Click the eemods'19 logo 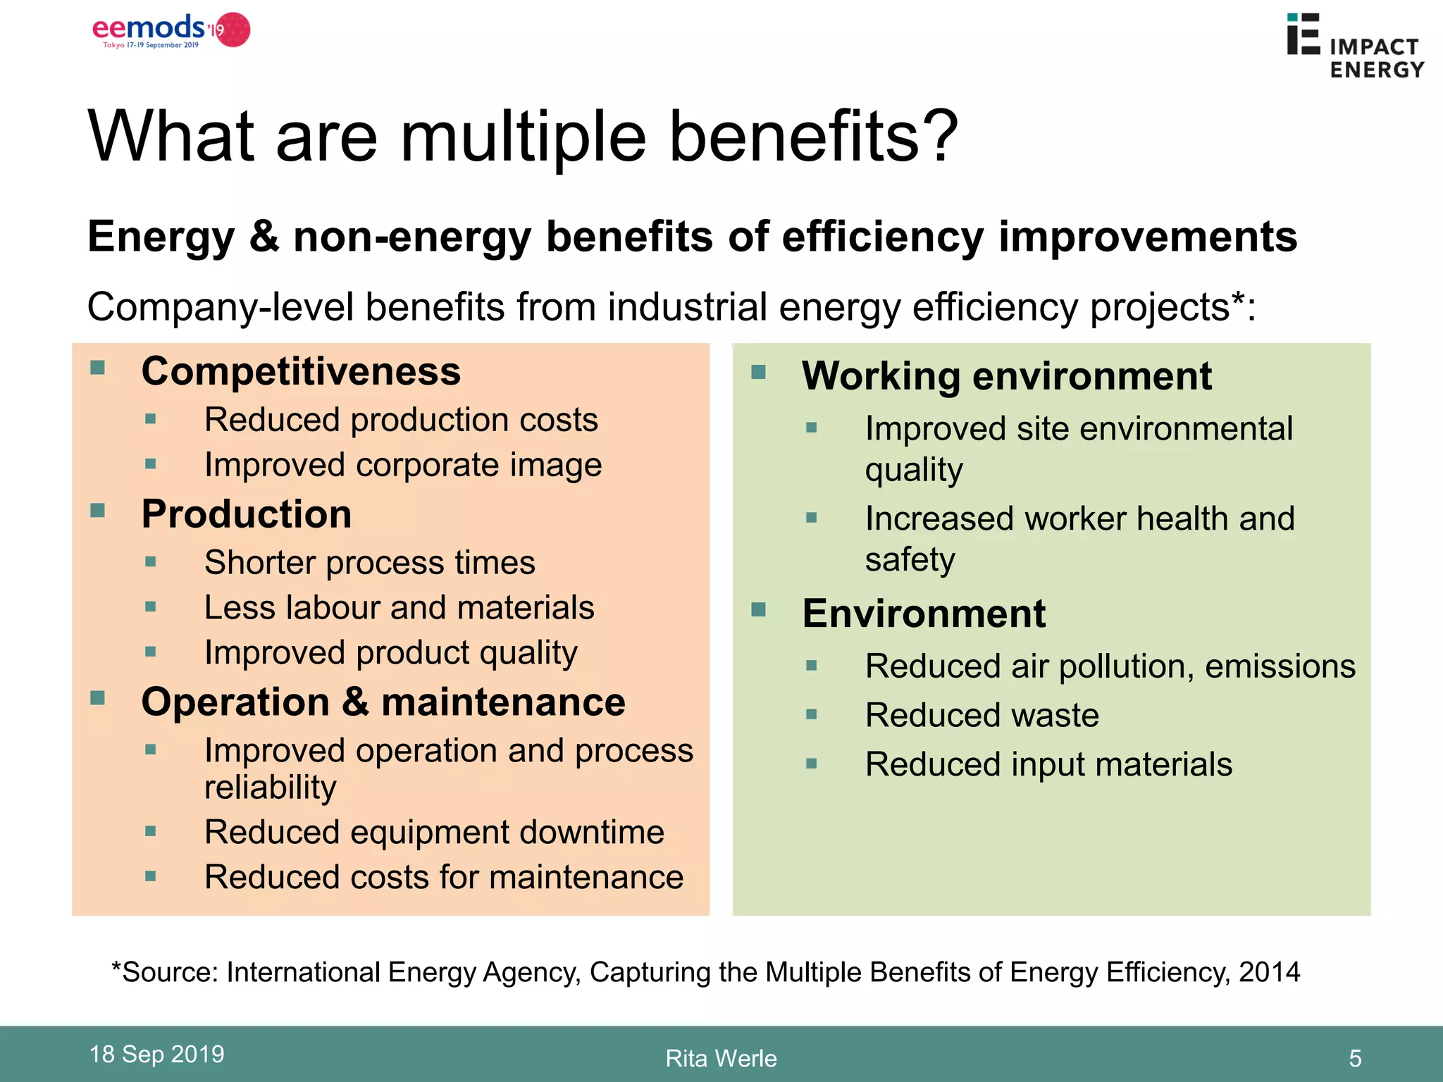171,31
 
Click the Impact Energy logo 1354,46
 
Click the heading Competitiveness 301,371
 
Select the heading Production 247,514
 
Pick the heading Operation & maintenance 383,702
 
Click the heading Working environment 1006,375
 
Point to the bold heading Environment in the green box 923,613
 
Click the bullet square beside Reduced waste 812,715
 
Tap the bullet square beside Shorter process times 150,562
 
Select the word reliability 271,787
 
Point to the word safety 910,560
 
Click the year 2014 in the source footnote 1269,972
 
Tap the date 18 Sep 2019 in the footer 156,1054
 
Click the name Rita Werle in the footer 721,1058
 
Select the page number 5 1355,1058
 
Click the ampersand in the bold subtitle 264,237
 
